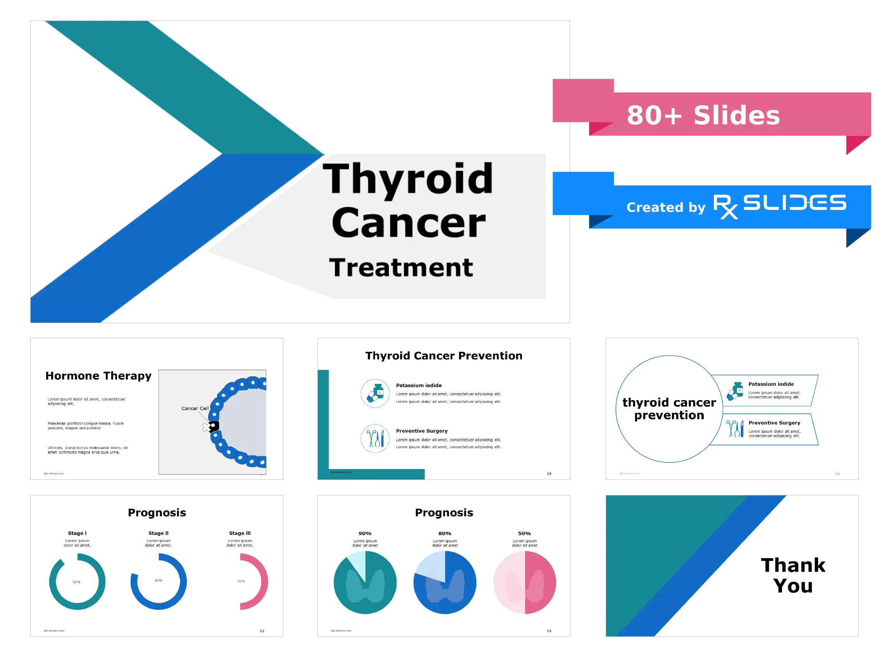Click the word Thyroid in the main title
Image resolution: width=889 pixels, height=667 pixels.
point(408,179)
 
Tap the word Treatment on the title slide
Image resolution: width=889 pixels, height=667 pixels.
point(401,268)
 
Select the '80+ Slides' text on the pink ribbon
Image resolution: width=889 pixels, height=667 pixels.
point(703,115)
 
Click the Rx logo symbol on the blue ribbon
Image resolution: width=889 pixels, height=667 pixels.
point(725,206)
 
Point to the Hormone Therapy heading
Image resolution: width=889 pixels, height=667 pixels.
point(98,376)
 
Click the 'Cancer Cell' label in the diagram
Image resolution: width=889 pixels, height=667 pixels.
point(195,408)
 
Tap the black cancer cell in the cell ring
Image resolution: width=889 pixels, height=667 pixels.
point(214,426)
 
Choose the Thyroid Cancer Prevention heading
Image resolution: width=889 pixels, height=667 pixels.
point(444,356)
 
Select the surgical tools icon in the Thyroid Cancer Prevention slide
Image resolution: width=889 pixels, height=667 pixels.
point(375,438)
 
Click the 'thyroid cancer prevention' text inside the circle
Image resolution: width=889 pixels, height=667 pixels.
point(669,409)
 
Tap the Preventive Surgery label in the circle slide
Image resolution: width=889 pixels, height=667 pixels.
point(774,423)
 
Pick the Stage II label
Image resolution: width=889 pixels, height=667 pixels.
point(159,533)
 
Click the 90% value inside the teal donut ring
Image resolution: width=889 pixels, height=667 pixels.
point(76,582)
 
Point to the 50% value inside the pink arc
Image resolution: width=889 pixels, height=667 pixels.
point(241,581)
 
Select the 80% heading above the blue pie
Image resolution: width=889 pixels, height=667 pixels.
point(444,534)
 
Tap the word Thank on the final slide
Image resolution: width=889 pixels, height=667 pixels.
point(793,566)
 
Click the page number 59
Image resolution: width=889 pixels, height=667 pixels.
point(549,474)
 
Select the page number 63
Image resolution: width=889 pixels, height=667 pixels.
point(549,631)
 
